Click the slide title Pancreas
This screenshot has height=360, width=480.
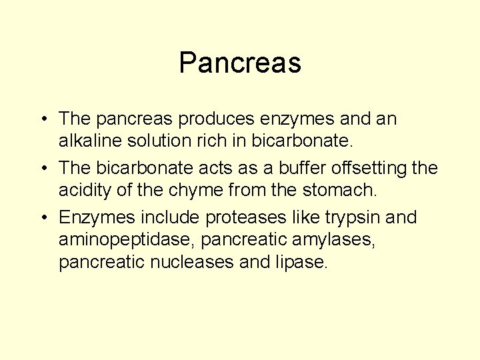[x=240, y=63]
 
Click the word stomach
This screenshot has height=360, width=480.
[x=340, y=191]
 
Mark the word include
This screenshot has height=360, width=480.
[x=169, y=218]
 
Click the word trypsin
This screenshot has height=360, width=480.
[x=357, y=218]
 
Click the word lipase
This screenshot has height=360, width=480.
[x=301, y=262]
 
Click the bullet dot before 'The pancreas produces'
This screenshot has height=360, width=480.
[x=42, y=120]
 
